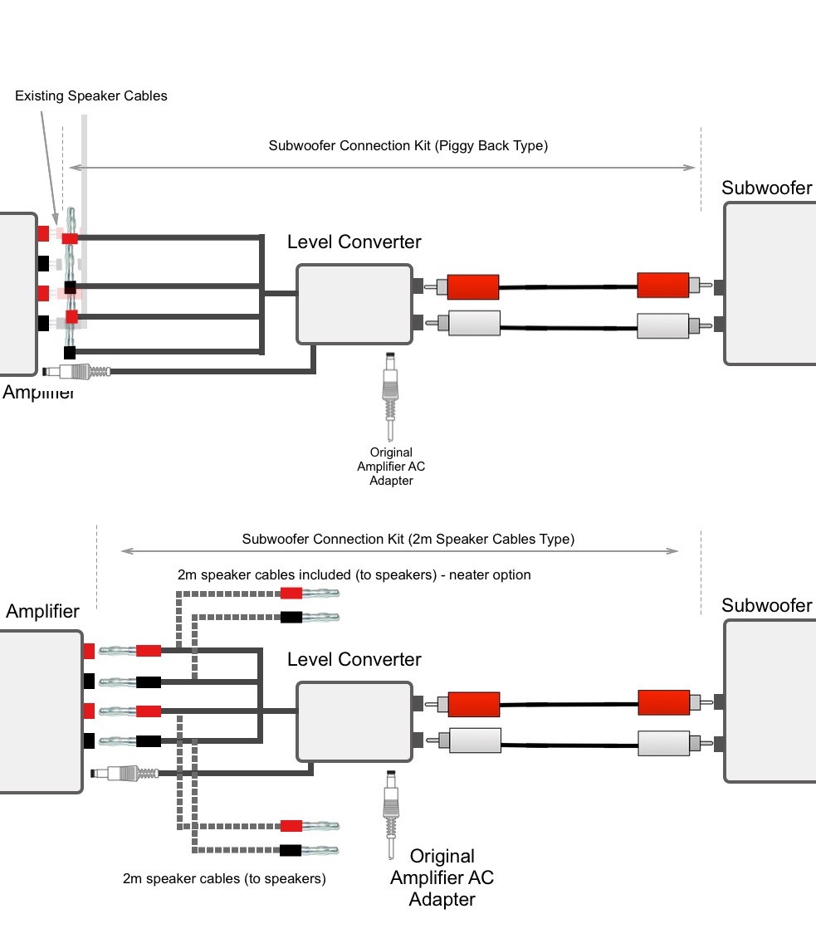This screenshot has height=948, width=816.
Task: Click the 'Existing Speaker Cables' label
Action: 91,96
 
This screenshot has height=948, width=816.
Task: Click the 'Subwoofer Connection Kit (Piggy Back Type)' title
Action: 408,146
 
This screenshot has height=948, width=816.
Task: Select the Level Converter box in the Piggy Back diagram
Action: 354,304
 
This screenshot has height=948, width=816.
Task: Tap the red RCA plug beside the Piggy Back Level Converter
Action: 472,287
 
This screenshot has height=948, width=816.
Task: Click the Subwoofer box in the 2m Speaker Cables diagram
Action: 770,700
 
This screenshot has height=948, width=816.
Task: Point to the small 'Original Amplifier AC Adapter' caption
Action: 391,467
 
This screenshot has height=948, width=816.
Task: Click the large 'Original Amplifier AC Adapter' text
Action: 442,877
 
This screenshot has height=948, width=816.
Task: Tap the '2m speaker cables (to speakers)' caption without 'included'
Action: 224,878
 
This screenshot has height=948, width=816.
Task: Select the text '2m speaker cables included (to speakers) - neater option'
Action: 354,574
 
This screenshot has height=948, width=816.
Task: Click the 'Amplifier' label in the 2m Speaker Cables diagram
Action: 42,612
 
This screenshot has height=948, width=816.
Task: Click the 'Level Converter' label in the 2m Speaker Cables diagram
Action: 354,660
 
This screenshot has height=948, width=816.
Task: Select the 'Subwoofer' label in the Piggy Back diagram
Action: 766,188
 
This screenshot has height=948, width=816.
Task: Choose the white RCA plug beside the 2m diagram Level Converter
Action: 473,740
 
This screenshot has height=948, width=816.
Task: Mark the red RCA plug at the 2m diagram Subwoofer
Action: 662,702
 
